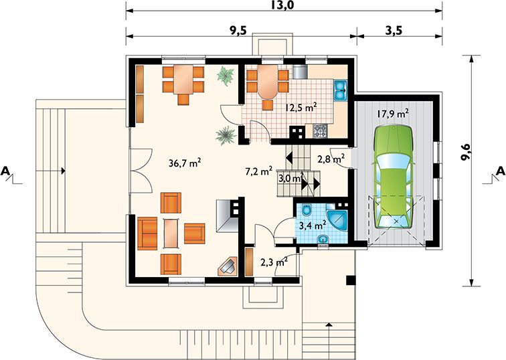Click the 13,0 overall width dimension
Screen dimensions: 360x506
click(284, 5)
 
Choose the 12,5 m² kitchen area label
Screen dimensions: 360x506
click(301, 106)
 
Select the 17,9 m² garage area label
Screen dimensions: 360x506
click(393, 114)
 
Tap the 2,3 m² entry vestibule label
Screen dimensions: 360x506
click(274, 262)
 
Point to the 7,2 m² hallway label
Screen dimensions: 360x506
click(258, 171)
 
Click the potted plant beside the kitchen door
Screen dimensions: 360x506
click(224, 134)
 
